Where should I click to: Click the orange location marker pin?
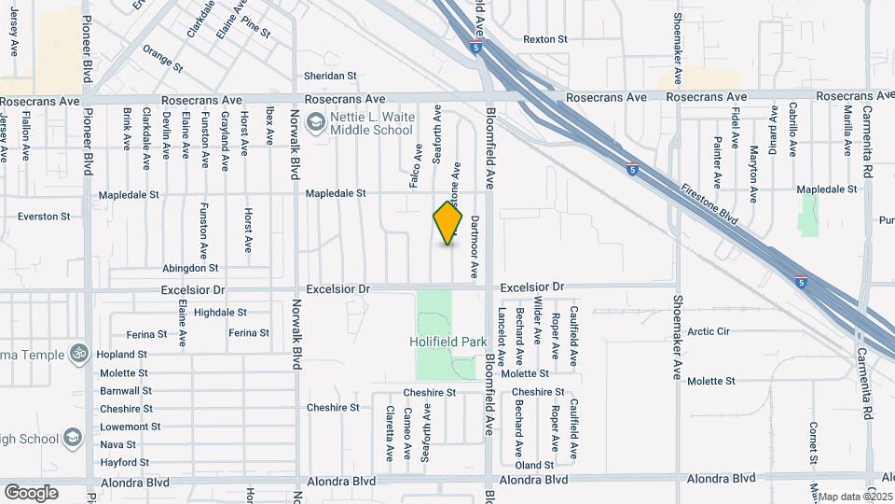(448, 223)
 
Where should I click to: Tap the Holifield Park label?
(448, 343)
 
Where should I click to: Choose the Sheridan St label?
(330, 76)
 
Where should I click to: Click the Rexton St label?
(545, 39)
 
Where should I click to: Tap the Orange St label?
(162, 58)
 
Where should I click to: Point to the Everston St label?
(44, 217)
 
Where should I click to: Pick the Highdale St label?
(221, 312)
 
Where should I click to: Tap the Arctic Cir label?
(709, 331)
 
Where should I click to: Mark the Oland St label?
(534, 465)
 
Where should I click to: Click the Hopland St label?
(123, 355)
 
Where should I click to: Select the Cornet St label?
(814, 442)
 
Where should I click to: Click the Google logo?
(31, 492)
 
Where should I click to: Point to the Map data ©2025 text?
(856, 497)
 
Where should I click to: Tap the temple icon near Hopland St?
(78, 354)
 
